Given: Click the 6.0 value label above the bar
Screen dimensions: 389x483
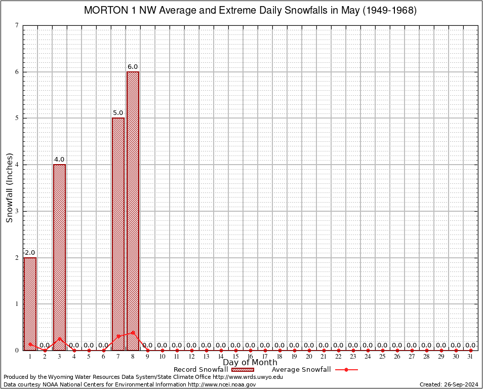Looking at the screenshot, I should click(133, 67).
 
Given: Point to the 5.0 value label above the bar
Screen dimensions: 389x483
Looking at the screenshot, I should click(118, 113).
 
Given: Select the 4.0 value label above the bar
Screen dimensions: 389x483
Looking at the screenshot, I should click(59, 160).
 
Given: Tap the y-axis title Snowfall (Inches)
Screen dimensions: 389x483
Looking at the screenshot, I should click(10, 187).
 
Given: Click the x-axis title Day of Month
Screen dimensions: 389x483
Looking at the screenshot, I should click(250, 362).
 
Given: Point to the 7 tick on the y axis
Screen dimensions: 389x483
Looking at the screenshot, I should click(17, 25).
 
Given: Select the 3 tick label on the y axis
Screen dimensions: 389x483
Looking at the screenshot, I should click(17, 211).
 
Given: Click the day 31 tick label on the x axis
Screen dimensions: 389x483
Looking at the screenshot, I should click(471, 357).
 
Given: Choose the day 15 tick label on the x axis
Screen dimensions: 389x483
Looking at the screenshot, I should click(235, 357).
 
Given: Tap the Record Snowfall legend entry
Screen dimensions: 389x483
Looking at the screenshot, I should click(200, 370).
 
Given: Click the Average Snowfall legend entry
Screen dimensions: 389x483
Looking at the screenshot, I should click(301, 370).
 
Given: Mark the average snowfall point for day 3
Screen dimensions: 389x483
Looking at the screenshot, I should click(59, 338).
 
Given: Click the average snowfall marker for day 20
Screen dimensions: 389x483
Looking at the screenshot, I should click(309, 350).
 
